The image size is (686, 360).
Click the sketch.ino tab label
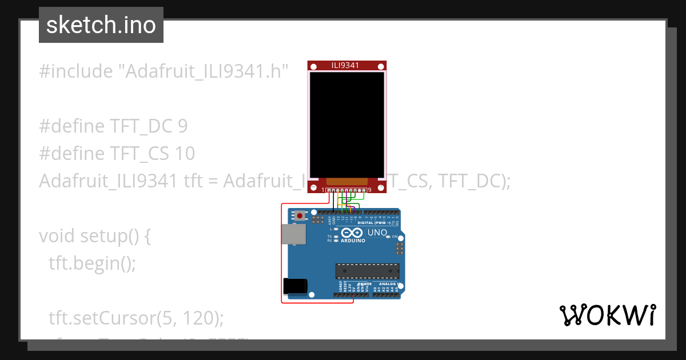click(101, 25)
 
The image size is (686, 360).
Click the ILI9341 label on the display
click(345, 65)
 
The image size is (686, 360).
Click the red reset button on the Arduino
click(300, 216)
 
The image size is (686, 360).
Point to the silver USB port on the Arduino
click(294, 234)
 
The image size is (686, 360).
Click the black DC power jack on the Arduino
click(295, 285)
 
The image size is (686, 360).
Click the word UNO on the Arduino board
click(377, 233)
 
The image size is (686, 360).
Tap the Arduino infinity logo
click(353, 233)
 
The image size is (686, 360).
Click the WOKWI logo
click(608, 315)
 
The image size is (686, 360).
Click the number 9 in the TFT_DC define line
click(182, 126)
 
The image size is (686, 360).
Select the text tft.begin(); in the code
click(92, 263)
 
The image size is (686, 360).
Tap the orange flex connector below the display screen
click(347, 181)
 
